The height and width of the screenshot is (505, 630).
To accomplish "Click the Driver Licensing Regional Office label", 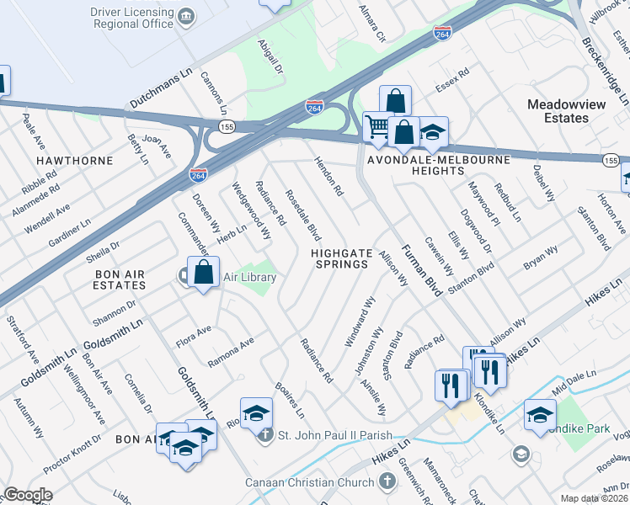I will (125, 20).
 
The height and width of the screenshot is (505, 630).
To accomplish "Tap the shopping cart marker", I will (378, 128).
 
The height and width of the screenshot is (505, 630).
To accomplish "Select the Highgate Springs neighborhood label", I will (340, 258).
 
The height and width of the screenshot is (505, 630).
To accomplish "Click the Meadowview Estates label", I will (569, 111).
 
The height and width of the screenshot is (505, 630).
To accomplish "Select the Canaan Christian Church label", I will (310, 482).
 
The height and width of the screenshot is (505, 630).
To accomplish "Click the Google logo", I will (28, 495).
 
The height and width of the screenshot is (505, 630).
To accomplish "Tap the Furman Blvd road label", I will (422, 275).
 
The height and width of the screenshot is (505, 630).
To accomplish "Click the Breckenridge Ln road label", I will (602, 41).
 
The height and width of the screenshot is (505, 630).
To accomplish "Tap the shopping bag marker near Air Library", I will (203, 274).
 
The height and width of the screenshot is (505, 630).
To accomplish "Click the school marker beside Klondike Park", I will (540, 415).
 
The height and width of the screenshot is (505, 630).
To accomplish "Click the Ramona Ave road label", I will (231, 353).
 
